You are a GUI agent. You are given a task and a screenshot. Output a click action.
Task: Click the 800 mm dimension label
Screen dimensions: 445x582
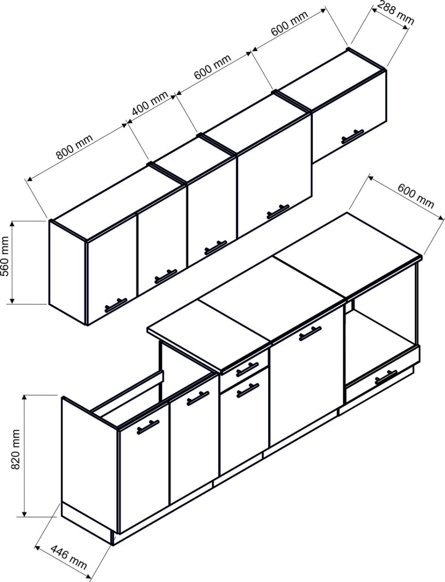coord(75,146)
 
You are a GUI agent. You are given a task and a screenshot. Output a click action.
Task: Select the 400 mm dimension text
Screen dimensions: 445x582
coord(150,103)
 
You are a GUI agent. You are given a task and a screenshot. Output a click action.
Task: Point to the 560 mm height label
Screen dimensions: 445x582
coord(5,256)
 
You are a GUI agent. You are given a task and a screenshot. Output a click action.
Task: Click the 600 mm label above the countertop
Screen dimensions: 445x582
coord(415,196)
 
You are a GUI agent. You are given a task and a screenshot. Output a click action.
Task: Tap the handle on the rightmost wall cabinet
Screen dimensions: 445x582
coord(352,136)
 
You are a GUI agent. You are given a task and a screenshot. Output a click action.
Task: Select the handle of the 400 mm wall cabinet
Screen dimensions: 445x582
coord(216,247)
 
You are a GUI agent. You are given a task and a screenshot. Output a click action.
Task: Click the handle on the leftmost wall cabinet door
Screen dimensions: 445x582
coord(116,305)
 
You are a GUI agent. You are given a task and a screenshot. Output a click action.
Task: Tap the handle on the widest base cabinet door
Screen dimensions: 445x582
coord(310,334)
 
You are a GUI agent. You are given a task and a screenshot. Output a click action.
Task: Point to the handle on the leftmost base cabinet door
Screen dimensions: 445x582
coord(148,427)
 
